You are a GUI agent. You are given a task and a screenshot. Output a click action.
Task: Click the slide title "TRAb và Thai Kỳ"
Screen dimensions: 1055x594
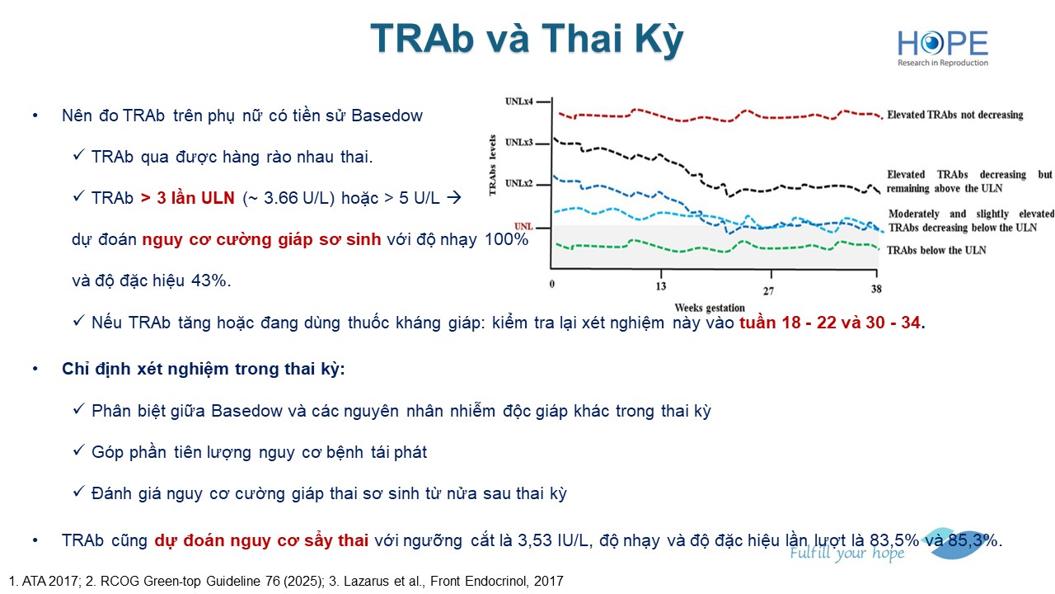[x=527, y=39]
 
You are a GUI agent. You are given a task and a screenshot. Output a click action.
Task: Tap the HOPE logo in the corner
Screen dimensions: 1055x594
[x=943, y=48]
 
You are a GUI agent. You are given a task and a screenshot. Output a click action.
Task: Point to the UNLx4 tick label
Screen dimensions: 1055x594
[x=518, y=101]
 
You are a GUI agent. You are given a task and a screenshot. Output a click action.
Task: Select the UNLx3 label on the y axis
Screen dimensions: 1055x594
[x=518, y=143]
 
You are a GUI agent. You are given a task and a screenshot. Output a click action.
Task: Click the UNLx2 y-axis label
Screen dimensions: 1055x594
[x=518, y=183]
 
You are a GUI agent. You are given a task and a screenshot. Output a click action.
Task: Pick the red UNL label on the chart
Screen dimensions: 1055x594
[x=523, y=227]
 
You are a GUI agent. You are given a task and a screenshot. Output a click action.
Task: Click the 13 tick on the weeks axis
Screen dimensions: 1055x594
[x=661, y=286]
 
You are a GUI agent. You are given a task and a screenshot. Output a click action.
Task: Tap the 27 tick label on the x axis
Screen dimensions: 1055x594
[x=768, y=291]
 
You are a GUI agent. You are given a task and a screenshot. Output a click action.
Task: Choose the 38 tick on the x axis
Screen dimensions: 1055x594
[x=876, y=289]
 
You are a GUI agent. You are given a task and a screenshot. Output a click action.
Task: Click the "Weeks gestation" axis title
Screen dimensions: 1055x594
[x=710, y=308]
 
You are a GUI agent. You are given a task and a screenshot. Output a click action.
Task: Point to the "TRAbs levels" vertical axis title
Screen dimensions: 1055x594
[x=493, y=165]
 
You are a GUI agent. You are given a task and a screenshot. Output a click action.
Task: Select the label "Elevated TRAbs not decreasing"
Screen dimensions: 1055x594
[x=955, y=115]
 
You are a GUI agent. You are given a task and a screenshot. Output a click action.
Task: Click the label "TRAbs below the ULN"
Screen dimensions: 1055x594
[x=936, y=250]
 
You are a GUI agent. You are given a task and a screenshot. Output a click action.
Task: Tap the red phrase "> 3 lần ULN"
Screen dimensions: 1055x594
[x=187, y=198]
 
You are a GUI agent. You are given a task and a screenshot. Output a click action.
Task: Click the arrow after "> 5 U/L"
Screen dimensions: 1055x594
[x=454, y=197]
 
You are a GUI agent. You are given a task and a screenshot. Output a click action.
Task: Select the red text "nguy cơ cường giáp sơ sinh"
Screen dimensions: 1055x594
[x=261, y=239]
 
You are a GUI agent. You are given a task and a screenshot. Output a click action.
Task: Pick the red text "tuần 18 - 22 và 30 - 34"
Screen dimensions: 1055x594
[x=829, y=323]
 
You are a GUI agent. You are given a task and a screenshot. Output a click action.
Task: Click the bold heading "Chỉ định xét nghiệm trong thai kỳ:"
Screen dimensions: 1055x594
[x=204, y=369]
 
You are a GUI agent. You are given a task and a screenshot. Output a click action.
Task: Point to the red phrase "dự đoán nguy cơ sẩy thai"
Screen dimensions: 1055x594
[x=261, y=540]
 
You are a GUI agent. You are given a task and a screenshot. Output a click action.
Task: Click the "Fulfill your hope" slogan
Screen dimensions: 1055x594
[x=846, y=554]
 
